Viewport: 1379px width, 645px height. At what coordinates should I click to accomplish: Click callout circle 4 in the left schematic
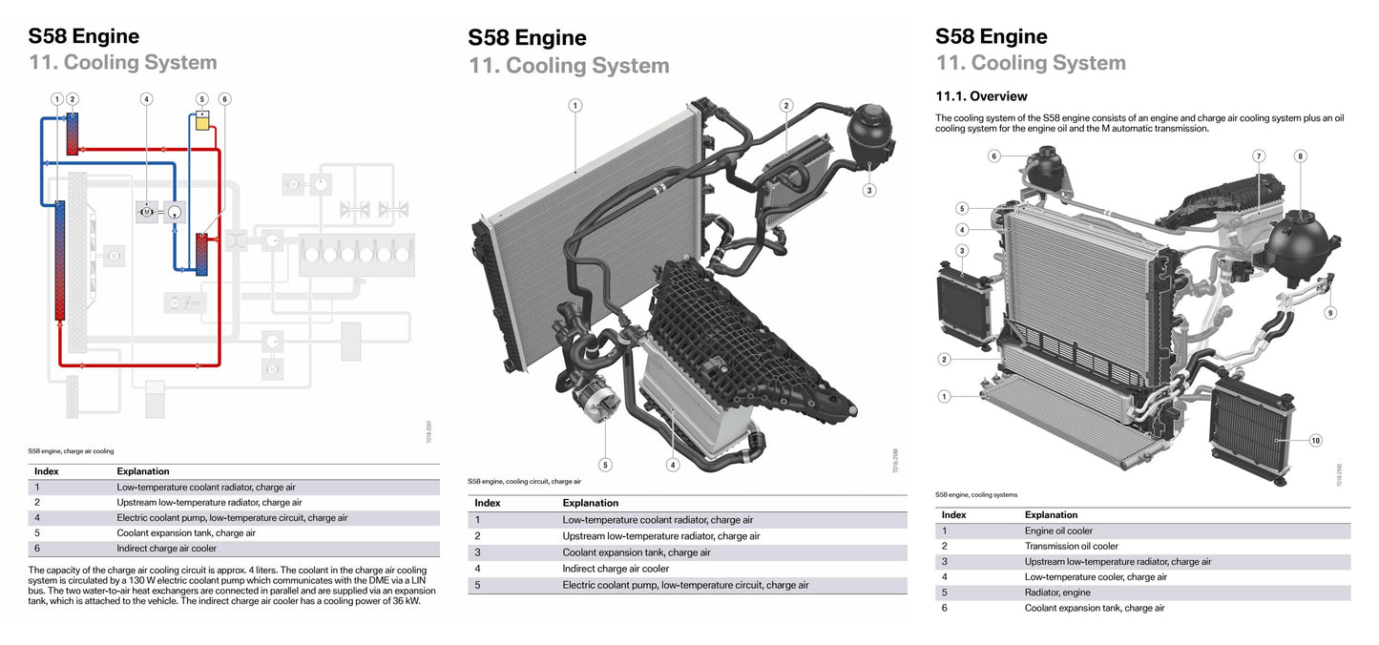coord(146,98)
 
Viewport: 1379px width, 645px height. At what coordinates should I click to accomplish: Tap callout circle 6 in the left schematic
coord(224,98)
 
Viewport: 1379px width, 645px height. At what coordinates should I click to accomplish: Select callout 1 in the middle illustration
coord(575,105)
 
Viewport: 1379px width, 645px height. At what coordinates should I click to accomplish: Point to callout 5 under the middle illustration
coord(605,465)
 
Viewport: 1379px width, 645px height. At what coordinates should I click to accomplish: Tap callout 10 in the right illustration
coord(1315,440)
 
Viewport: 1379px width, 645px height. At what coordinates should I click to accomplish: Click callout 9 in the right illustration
coord(1330,312)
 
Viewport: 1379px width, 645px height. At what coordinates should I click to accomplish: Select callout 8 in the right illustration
coord(1300,156)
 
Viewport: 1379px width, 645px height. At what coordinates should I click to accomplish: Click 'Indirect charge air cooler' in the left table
coord(166,549)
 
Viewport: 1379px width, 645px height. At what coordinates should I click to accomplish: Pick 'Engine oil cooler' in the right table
coord(1058,531)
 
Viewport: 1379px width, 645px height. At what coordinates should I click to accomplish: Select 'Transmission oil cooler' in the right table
coord(1071,546)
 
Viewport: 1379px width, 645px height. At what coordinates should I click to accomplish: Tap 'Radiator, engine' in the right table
coord(1056,593)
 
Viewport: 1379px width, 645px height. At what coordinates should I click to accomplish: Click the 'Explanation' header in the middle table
coord(590,503)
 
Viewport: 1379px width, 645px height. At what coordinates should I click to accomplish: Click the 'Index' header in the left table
coord(46,471)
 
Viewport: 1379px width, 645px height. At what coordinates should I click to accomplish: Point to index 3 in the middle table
coord(477,552)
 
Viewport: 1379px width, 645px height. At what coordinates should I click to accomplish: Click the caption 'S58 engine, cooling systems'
coord(976,494)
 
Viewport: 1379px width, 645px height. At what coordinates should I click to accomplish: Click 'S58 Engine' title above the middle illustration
coord(527,38)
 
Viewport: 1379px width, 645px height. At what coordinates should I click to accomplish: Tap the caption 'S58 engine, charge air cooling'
coord(71,450)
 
